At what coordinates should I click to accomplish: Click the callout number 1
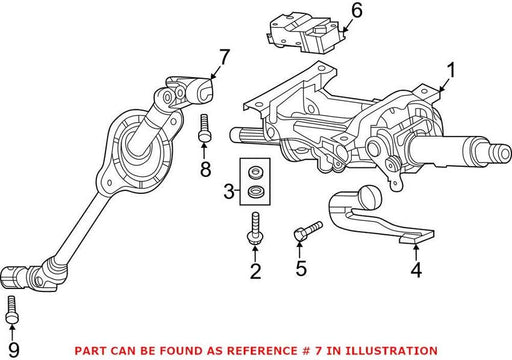click(x=451, y=71)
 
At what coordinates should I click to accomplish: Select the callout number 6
click(x=357, y=11)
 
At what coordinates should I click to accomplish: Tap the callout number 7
click(x=224, y=57)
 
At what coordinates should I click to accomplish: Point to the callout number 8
click(x=205, y=169)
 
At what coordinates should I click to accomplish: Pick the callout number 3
click(x=229, y=191)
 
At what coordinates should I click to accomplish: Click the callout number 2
click(x=256, y=271)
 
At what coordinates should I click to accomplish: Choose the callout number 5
click(x=301, y=268)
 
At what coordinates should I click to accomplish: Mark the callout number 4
click(x=416, y=270)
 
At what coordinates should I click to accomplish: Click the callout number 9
click(x=14, y=350)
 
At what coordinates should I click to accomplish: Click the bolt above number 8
click(x=204, y=128)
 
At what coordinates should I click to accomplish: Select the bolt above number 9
click(x=12, y=310)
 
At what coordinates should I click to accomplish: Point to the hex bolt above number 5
click(x=308, y=230)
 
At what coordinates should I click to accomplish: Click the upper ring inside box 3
click(x=256, y=173)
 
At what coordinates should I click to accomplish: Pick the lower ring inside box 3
click(x=256, y=192)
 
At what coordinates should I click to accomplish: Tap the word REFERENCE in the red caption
click(x=262, y=351)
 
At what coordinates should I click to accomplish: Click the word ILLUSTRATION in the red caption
click(x=391, y=351)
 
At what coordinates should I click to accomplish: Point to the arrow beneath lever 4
click(x=416, y=252)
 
